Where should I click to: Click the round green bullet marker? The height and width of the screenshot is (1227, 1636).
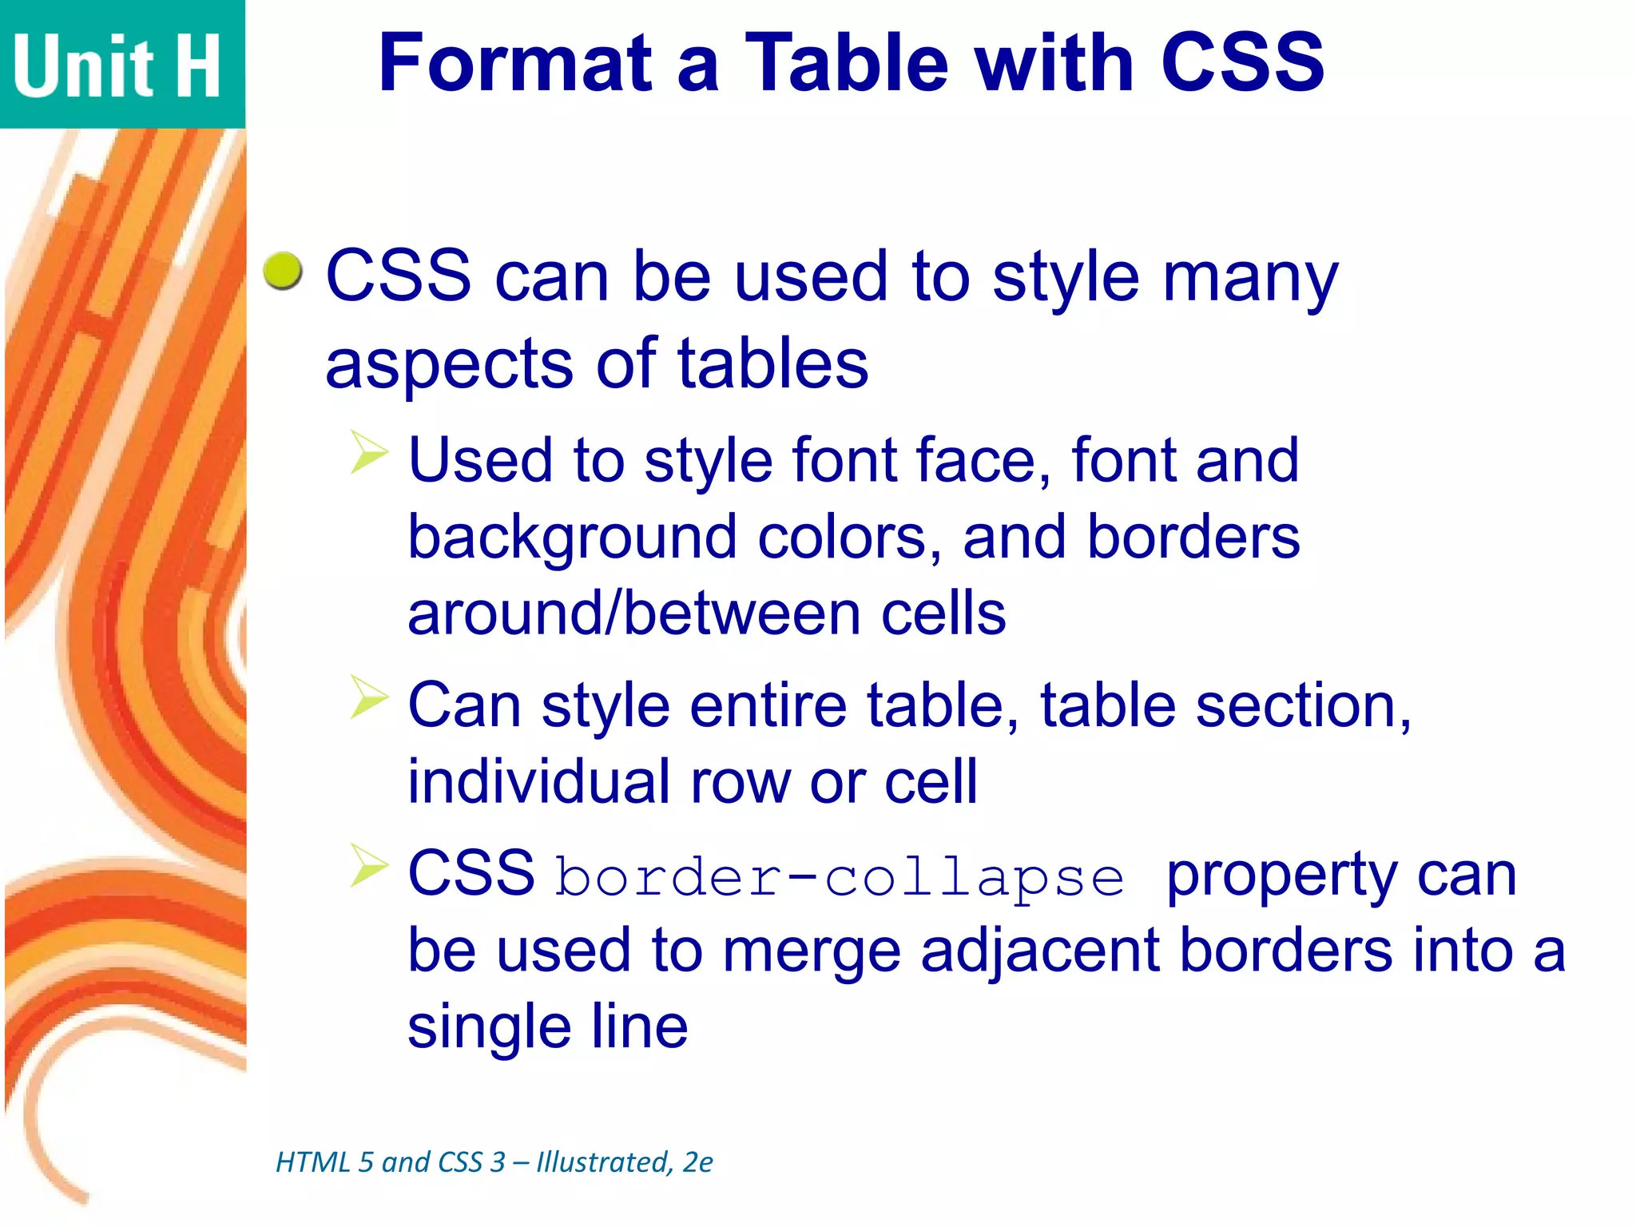pos(283,272)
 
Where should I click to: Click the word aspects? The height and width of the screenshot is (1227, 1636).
pos(448,364)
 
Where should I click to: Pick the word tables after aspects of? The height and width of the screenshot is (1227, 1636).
pos(772,364)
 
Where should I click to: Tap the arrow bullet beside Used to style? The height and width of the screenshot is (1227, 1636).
pos(368,451)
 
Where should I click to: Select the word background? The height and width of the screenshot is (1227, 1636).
pos(572,538)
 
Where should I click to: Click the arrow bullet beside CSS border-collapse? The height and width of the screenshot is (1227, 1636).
pos(368,865)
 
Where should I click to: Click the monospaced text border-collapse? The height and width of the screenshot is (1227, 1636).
pos(840,877)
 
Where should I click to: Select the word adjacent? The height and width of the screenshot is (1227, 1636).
pos(1039,952)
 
